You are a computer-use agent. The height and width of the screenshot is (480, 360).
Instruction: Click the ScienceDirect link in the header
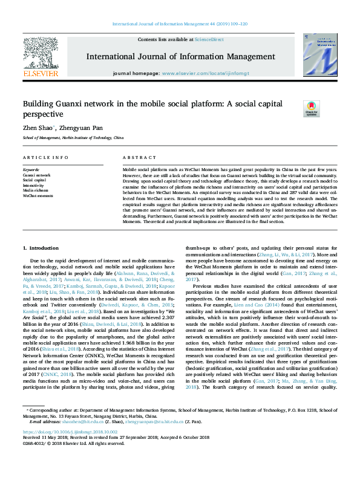(x=209, y=39)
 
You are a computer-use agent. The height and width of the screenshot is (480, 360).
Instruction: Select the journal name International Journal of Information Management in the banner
(x=180, y=57)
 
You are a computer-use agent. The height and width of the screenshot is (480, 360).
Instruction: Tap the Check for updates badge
(x=311, y=109)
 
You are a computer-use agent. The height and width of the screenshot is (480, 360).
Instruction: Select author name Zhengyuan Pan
(x=79, y=129)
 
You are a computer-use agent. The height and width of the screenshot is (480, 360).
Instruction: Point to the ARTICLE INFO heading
(x=45, y=157)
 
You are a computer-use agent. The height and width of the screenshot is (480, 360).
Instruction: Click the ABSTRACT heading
(x=136, y=157)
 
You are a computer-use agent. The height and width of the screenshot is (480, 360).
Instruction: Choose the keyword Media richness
(x=37, y=190)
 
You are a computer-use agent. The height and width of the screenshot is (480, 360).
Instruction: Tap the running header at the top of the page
(x=180, y=24)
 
